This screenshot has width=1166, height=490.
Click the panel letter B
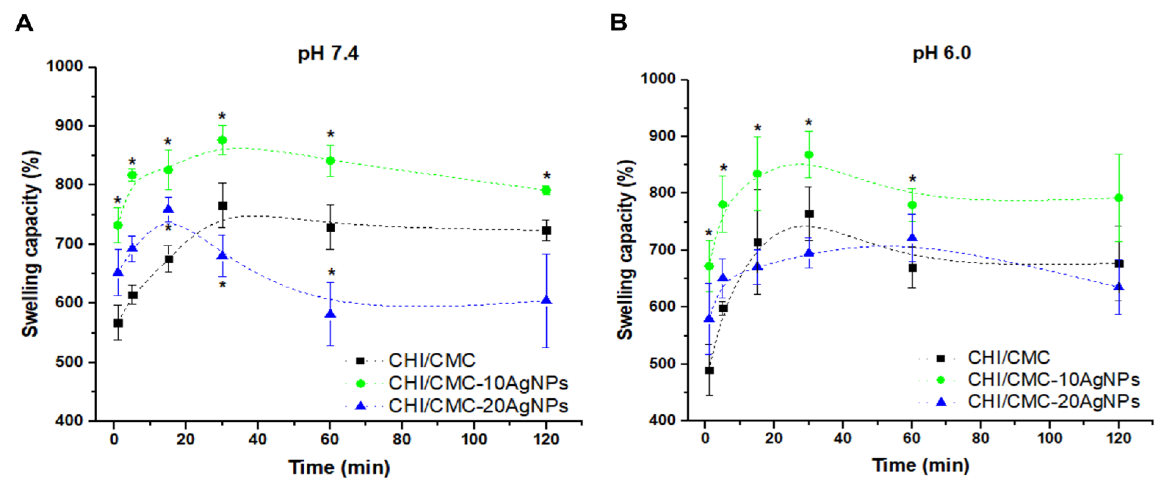(x=618, y=23)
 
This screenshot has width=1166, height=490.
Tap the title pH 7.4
(x=328, y=53)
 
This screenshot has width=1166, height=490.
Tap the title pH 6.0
(x=942, y=53)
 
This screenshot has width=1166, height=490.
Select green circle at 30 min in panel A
(x=222, y=140)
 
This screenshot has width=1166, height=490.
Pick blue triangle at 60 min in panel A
(x=331, y=314)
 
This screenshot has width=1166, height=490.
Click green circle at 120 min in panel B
(x=1119, y=198)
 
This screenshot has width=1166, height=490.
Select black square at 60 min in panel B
(x=913, y=268)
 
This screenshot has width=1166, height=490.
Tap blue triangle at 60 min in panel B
(x=913, y=238)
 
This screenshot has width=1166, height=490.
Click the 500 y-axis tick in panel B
(x=662, y=364)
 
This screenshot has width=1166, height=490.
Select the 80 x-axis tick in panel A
(x=401, y=439)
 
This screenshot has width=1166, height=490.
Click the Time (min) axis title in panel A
(x=339, y=467)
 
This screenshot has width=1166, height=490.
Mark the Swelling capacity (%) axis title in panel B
(x=625, y=250)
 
